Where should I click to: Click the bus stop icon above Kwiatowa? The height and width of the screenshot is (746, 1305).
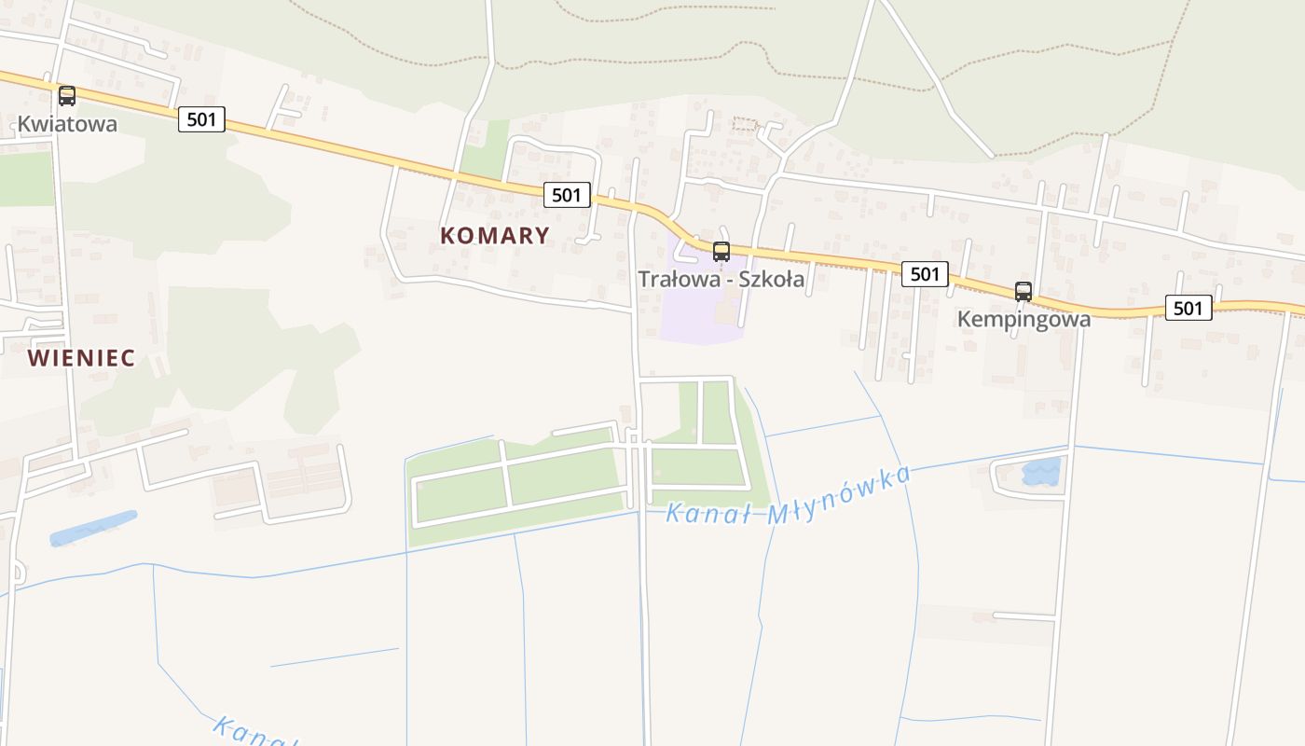67,95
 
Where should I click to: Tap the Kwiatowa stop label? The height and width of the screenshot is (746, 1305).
67,124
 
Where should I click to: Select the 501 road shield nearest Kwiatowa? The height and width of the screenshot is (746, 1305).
201,118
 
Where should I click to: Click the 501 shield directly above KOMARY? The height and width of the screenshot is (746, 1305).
567,195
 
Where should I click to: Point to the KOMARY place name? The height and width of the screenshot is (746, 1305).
495,235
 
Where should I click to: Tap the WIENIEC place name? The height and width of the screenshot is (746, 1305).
81,358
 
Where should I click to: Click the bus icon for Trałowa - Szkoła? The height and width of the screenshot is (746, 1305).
721,251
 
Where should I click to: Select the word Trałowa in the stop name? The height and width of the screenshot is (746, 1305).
671,279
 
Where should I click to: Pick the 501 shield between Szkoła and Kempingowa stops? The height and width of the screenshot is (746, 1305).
925,273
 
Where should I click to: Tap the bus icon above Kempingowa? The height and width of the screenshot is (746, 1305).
1023,291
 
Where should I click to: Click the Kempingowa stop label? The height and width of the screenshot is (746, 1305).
1023,319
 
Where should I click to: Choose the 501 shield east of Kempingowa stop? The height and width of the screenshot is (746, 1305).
1188,307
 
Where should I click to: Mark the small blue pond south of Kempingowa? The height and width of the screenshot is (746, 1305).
1041,472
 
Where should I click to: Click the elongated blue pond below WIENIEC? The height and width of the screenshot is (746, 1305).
92,528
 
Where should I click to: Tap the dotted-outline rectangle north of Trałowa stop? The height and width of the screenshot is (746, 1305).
744,124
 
